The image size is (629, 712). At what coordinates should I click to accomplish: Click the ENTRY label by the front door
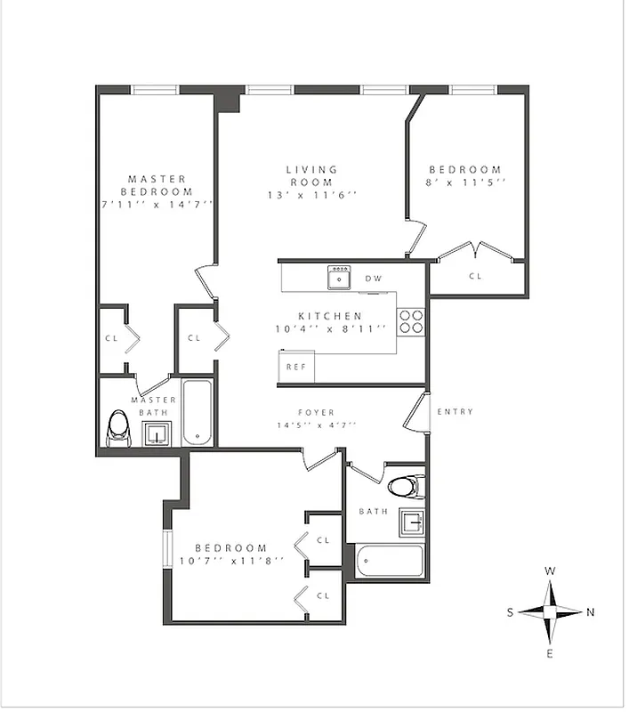456,411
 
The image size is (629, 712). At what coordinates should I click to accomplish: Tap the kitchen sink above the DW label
339,278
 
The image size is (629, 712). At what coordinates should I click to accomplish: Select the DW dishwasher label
374,279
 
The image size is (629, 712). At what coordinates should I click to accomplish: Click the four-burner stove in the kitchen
410,320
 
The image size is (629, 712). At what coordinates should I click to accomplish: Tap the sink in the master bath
157,433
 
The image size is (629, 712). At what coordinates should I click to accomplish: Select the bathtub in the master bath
197,413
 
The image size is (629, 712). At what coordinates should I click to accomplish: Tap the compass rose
550,612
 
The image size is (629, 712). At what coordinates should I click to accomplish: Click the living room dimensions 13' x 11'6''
311,195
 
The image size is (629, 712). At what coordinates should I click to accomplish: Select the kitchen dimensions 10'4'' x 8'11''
330,328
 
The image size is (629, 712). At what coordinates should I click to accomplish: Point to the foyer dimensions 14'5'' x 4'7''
316,425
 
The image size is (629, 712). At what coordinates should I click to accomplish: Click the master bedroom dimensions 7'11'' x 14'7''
157,204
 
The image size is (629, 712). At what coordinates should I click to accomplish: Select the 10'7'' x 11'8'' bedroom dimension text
231,561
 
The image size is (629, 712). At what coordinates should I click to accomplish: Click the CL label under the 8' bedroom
475,276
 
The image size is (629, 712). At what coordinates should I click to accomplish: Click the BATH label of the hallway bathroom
368,512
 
